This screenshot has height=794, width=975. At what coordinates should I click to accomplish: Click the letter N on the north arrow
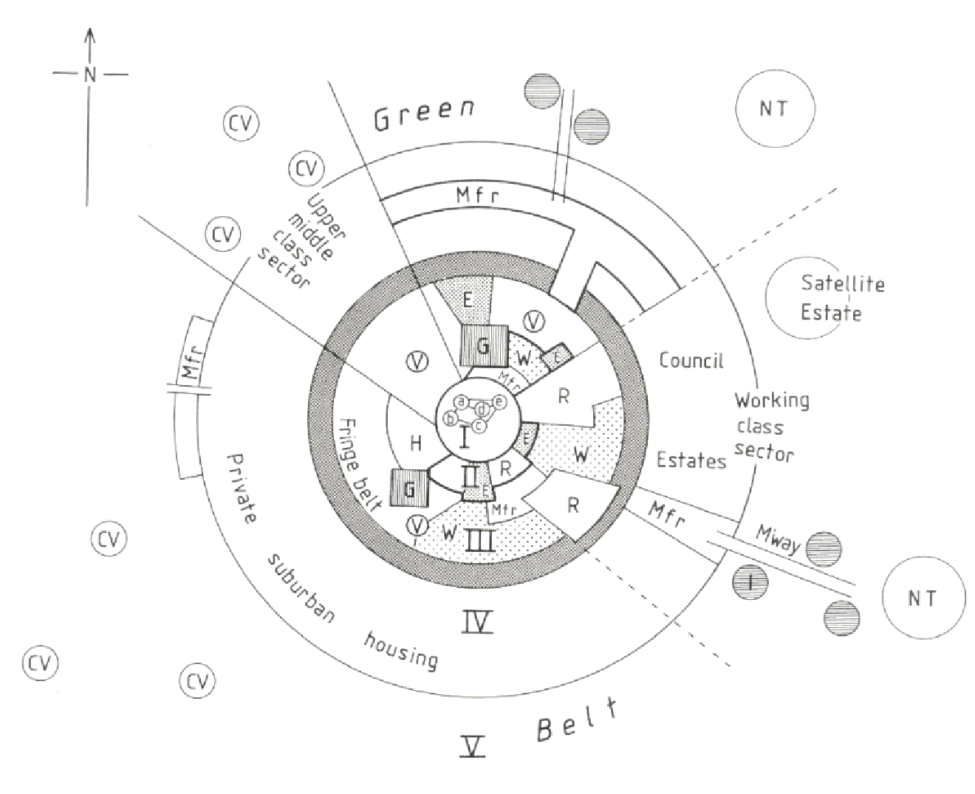[90, 74]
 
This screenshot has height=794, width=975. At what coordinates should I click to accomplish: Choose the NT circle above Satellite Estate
[775, 109]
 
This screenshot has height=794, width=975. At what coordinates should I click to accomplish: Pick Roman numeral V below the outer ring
[473, 747]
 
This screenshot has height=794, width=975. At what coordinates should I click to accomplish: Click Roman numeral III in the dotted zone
[479, 543]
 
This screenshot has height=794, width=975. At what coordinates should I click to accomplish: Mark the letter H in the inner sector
[415, 443]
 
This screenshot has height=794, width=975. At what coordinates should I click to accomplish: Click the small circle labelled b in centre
[449, 418]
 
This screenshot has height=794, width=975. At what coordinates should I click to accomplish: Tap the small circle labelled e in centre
[499, 402]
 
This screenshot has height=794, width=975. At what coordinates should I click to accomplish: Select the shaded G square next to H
[408, 489]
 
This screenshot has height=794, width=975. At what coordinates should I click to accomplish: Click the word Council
[691, 360]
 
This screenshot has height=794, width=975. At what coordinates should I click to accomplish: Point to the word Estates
[691, 460]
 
